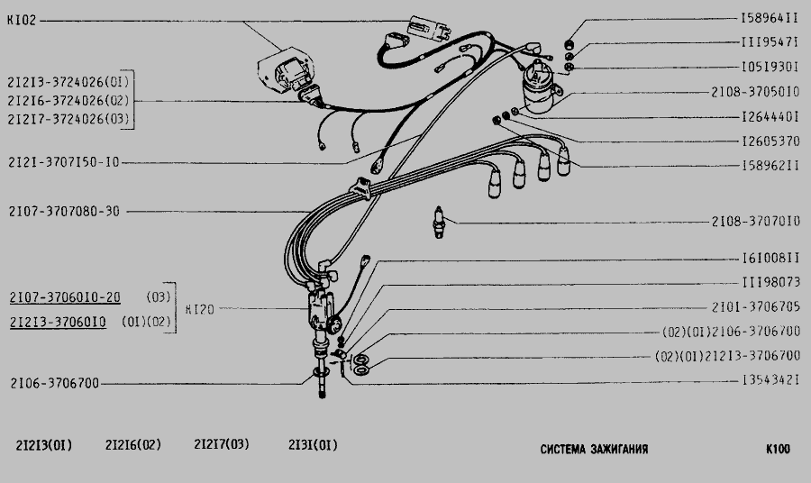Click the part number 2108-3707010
756,222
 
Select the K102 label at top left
22,21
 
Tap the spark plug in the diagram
439,222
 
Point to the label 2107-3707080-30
64,212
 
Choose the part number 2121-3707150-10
64,162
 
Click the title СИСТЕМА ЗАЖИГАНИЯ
595,449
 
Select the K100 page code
778,449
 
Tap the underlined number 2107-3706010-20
65,298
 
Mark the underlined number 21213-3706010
58,323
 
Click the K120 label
200,310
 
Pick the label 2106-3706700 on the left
55,383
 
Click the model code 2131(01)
313,445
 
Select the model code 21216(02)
133,445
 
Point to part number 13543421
770,380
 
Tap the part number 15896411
770,19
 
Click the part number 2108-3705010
755,93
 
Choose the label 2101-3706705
756,307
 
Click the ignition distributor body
322,310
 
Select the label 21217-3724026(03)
68,119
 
